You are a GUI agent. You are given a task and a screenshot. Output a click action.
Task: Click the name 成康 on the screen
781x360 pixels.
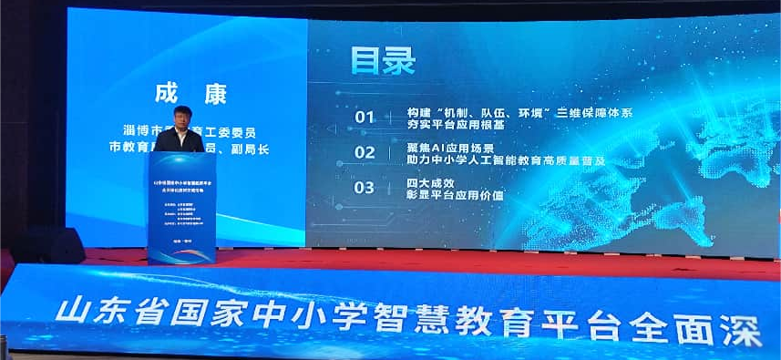pyautogui.click(x=190, y=94)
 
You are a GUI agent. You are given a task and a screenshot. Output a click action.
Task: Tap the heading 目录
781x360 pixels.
pyautogui.click(x=383, y=61)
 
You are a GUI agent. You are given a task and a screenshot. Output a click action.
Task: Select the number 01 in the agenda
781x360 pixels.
pyautogui.click(x=365, y=117)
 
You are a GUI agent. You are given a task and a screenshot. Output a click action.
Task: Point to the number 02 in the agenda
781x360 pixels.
pyautogui.click(x=365, y=152)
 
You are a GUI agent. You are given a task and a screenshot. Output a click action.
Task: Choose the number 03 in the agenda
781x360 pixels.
pyautogui.click(x=365, y=188)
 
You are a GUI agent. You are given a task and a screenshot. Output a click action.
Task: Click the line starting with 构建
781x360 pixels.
pyautogui.click(x=519, y=111)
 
